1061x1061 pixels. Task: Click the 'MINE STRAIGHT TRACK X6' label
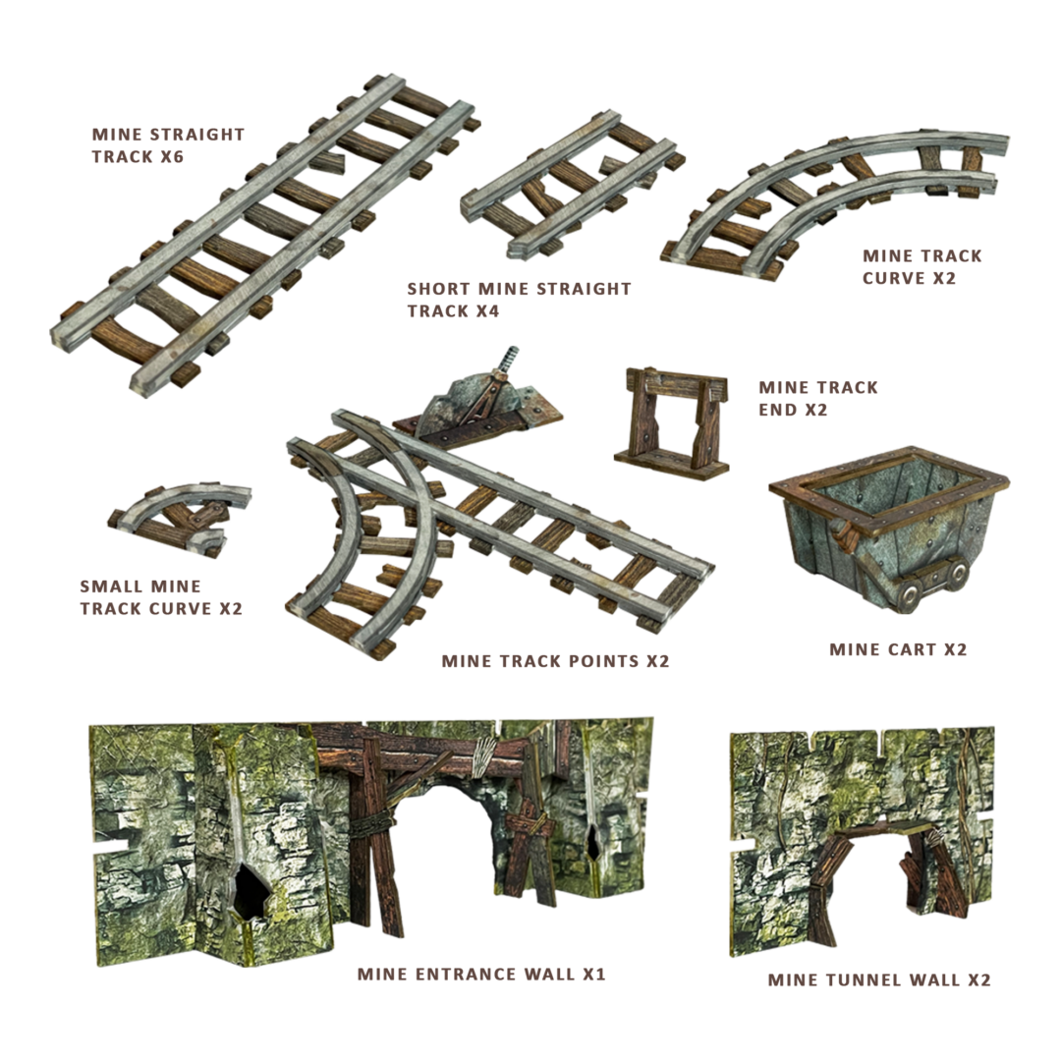point(168,145)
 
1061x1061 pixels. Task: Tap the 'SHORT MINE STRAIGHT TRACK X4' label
point(519,300)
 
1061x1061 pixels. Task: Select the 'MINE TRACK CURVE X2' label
point(921,267)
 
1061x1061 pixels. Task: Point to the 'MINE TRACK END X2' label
point(818,399)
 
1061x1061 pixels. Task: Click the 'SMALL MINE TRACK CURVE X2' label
point(161,597)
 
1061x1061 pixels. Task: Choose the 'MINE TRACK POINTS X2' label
point(555,661)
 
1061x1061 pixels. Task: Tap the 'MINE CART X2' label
point(898,649)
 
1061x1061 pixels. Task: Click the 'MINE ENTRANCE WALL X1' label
point(481,975)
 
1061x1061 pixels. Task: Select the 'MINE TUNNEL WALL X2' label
point(879,979)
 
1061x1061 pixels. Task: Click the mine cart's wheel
point(909,594)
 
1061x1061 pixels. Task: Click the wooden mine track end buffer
point(671,423)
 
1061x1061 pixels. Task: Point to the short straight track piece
point(573,185)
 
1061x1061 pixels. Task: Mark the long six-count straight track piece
point(265,236)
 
